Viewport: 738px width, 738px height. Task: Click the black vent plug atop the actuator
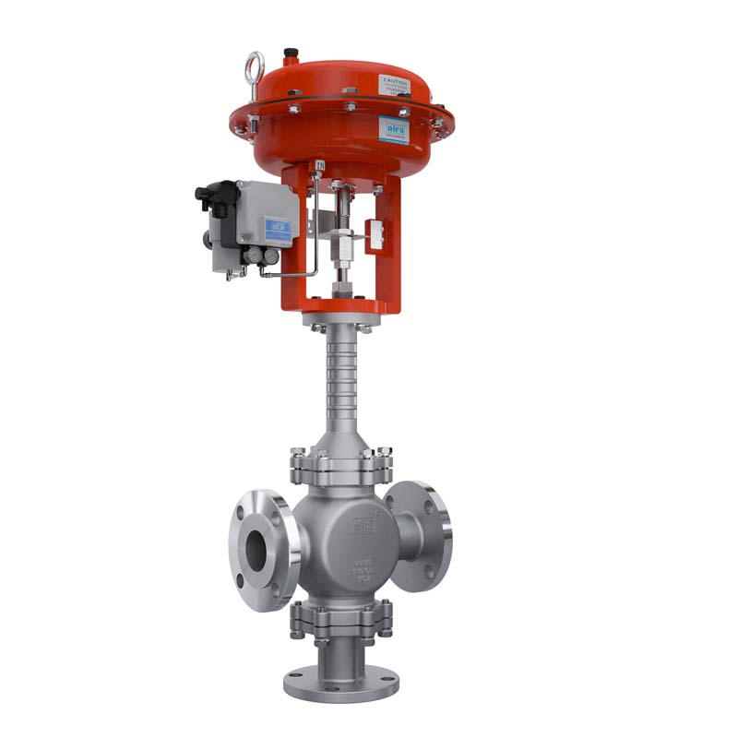(291, 54)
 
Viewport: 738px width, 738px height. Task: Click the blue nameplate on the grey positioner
(278, 228)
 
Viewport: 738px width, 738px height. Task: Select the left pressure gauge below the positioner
(248, 256)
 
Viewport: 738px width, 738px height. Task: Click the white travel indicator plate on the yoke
(376, 232)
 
